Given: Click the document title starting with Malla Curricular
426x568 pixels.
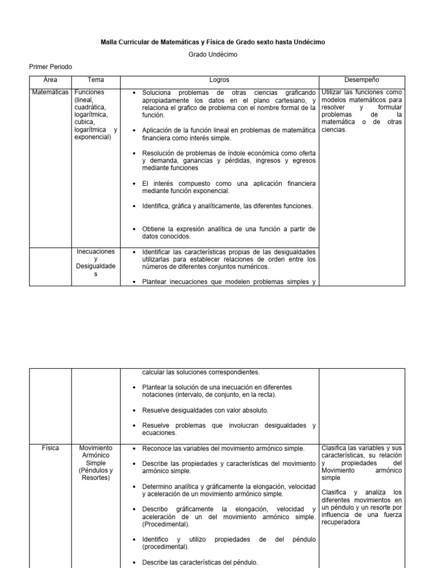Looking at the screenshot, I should point(212,42).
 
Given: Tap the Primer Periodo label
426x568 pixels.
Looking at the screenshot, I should point(50,67).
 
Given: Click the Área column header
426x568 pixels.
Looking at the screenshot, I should point(50,80).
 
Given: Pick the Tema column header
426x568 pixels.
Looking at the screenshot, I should point(95,80).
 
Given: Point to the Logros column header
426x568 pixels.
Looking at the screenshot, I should point(219,80).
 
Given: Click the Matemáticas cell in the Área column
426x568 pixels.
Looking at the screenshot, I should point(50,92).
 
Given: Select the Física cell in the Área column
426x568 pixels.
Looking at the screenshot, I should point(50,448).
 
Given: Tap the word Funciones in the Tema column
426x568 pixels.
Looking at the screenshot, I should point(90,92).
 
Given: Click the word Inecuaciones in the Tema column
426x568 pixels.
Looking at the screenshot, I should point(96,252).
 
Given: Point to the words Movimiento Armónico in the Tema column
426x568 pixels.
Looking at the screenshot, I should point(96,452).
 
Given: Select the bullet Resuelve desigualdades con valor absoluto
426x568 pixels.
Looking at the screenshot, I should point(205,410).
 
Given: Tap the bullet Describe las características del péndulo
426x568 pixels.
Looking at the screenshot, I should point(200,562).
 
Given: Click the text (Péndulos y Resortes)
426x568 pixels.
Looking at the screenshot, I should point(96,474).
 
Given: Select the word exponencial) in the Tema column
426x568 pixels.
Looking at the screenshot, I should point(93,137).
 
